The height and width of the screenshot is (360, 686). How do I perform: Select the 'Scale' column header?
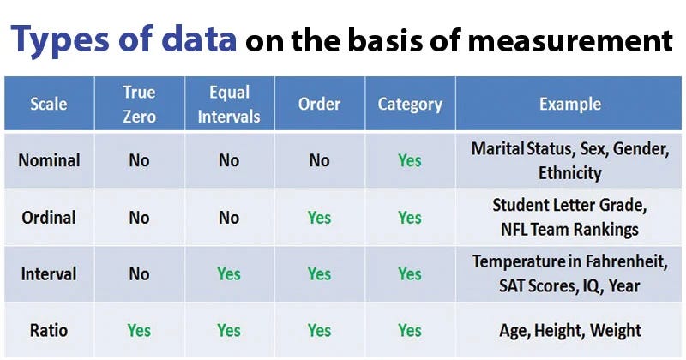(x=49, y=105)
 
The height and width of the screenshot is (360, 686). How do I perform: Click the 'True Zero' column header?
(x=139, y=105)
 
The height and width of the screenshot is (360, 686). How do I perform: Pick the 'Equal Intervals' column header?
(x=229, y=105)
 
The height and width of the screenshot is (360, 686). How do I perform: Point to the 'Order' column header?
(x=319, y=105)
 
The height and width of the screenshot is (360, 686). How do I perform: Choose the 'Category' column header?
(x=410, y=105)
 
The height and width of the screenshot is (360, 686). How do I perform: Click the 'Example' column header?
(x=569, y=105)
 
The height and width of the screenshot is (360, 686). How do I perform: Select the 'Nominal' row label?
(x=50, y=160)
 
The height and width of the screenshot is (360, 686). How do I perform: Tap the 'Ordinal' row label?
(x=50, y=217)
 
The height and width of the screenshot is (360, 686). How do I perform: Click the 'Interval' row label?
(x=50, y=274)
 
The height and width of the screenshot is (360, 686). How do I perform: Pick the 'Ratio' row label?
(x=50, y=330)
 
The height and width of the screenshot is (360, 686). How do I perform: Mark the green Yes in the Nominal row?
(x=410, y=160)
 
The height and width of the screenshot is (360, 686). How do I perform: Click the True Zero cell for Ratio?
(x=139, y=330)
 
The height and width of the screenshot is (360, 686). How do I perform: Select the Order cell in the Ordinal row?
(x=319, y=218)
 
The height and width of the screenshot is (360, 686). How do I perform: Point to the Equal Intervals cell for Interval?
(x=229, y=274)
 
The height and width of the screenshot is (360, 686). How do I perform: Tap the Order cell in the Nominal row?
(x=319, y=160)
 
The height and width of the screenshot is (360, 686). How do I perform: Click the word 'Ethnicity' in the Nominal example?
(x=569, y=173)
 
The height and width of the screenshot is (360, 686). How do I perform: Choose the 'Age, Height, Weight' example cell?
(x=569, y=331)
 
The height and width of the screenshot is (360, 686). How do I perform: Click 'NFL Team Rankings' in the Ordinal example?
(x=569, y=230)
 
